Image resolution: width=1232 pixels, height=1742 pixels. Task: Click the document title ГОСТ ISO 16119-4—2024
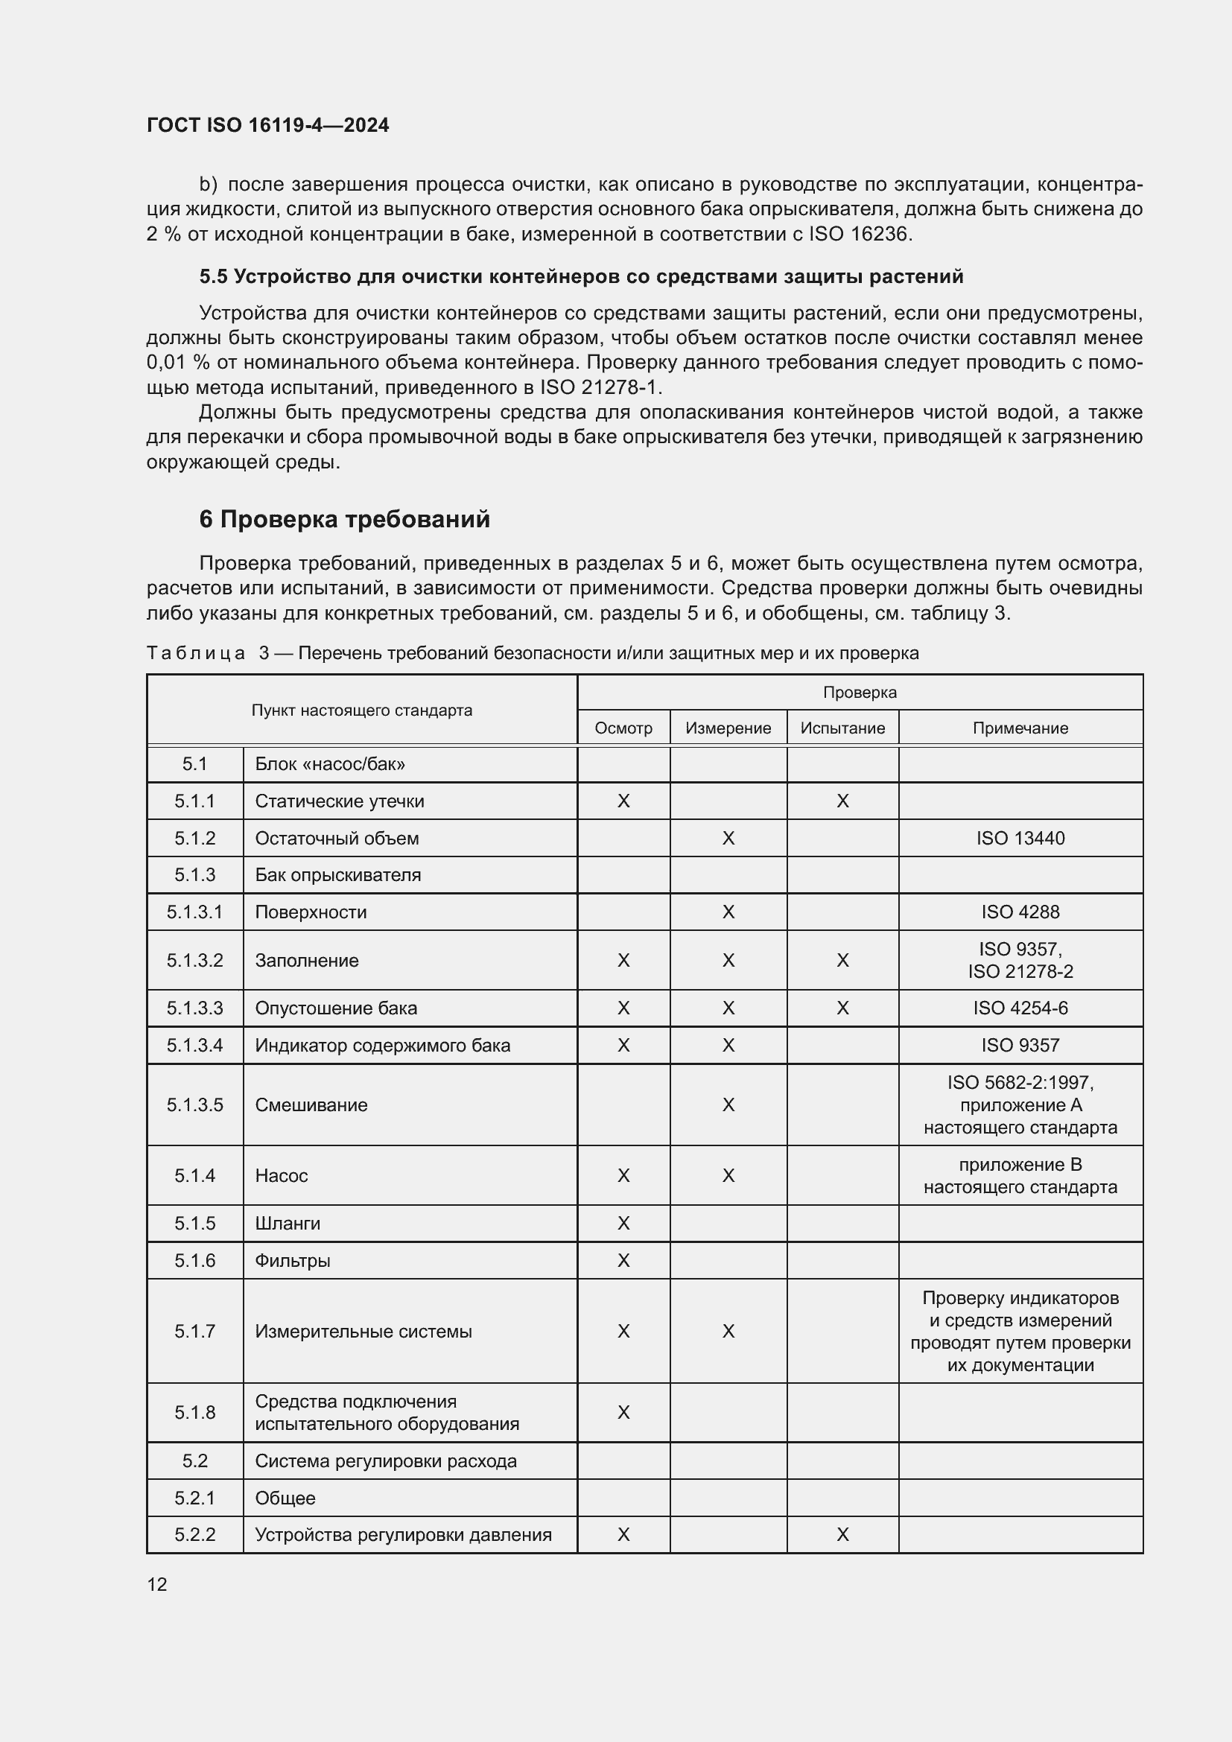(268, 125)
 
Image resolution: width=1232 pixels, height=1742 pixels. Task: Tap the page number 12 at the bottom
(157, 1584)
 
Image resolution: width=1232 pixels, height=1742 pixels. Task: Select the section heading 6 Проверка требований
(344, 519)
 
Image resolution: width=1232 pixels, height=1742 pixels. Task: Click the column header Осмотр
(623, 728)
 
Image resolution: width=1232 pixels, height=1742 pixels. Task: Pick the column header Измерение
(728, 728)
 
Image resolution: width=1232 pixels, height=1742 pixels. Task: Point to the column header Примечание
(1020, 728)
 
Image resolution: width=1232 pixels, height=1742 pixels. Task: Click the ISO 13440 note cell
(1020, 839)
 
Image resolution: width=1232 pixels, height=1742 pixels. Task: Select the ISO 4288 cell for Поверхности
(1020, 912)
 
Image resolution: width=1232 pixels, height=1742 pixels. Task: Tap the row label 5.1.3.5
(195, 1104)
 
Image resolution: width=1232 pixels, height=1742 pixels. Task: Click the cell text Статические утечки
(339, 801)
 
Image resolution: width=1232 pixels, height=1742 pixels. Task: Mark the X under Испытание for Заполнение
(842, 961)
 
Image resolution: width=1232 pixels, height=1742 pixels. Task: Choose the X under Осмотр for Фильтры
(623, 1260)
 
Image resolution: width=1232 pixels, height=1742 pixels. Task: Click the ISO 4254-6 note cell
(1020, 1008)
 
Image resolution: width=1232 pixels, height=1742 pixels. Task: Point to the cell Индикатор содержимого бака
(382, 1046)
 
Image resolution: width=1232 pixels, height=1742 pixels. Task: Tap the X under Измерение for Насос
(728, 1175)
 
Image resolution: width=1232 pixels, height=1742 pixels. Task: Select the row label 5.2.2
(195, 1535)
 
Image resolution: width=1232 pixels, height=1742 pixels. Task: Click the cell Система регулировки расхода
(385, 1461)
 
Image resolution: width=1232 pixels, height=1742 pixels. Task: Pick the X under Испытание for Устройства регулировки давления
(842, 1535)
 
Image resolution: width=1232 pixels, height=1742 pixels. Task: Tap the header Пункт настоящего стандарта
(362, 711)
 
